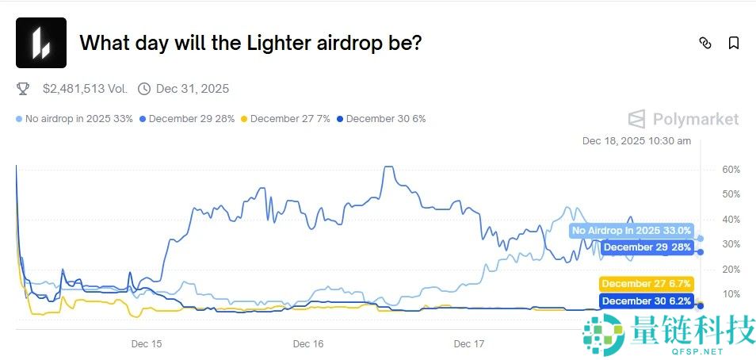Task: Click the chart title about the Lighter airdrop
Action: coord(250,43)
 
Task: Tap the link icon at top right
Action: coord(704,43)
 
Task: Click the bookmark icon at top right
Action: coord(734,43)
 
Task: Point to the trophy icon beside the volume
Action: coord(23,89)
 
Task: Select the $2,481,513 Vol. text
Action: coord(85,89)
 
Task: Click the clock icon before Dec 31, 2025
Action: coord(144,89)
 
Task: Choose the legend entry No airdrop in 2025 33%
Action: coord(74,119)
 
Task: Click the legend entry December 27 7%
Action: coord(284,119)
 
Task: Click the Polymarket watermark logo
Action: coord(683,120)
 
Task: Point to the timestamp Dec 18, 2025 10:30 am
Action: coord(636,141)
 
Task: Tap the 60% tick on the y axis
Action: coord(731,170)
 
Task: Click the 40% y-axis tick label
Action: coord(731,220)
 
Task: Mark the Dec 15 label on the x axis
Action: coord(147,344)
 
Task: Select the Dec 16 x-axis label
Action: coord(308,344)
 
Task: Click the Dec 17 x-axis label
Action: coord(469,344)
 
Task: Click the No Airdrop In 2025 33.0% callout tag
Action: coord(632,231)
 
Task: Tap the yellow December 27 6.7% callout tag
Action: coord(646,284)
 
